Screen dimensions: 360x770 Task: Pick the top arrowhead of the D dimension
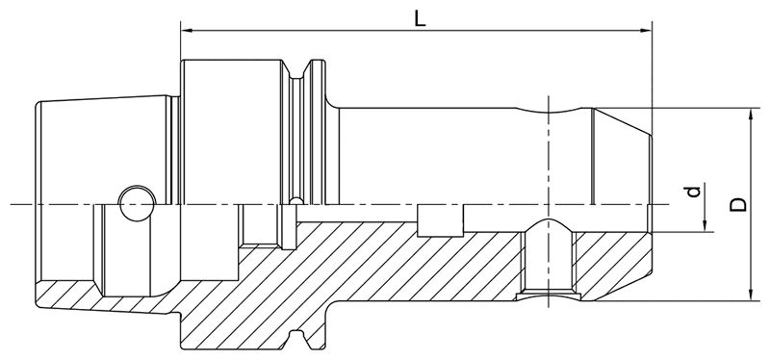pyautogui.click(x=749, y=113)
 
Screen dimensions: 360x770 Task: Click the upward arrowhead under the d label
pyautogui.click(x=706, y=225)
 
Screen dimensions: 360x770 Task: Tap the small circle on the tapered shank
pyautogui.click(x=135, y=202)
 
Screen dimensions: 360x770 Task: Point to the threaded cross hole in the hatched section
pyautogui.click(x=549, y=260)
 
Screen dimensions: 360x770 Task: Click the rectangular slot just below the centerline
pyautogui.click(x=442, y=219)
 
